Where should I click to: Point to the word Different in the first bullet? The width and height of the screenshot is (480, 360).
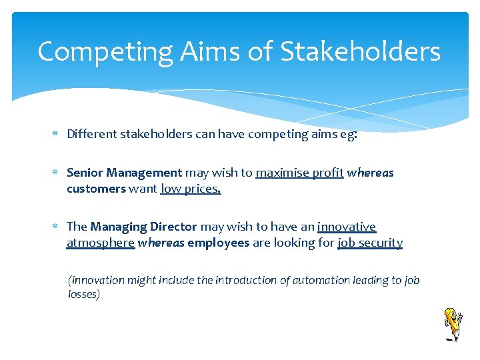click(x=91, y=134)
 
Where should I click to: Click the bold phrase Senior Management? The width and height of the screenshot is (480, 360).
click(x=124, y=173)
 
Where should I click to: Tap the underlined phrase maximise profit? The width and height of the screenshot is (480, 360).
click(x=299, y=173)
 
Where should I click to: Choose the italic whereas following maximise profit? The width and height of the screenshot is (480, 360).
click(x=371, y=173)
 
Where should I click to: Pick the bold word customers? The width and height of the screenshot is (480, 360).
click(x=96, y=189)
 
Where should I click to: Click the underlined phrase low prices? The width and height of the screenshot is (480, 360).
click(x=191, y=189)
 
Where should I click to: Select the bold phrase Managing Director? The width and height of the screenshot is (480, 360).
click(x=143, y=227)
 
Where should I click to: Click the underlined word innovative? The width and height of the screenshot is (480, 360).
click(x=347, y=227)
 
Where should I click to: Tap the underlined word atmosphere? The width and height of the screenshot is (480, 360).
click(x=100, y=243)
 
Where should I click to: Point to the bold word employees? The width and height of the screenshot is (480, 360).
click(x=219, y=243)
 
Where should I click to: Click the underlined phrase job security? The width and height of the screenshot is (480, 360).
click(x=370, y=243)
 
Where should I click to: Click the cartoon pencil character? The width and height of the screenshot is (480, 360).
click(x=453, y=324)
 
